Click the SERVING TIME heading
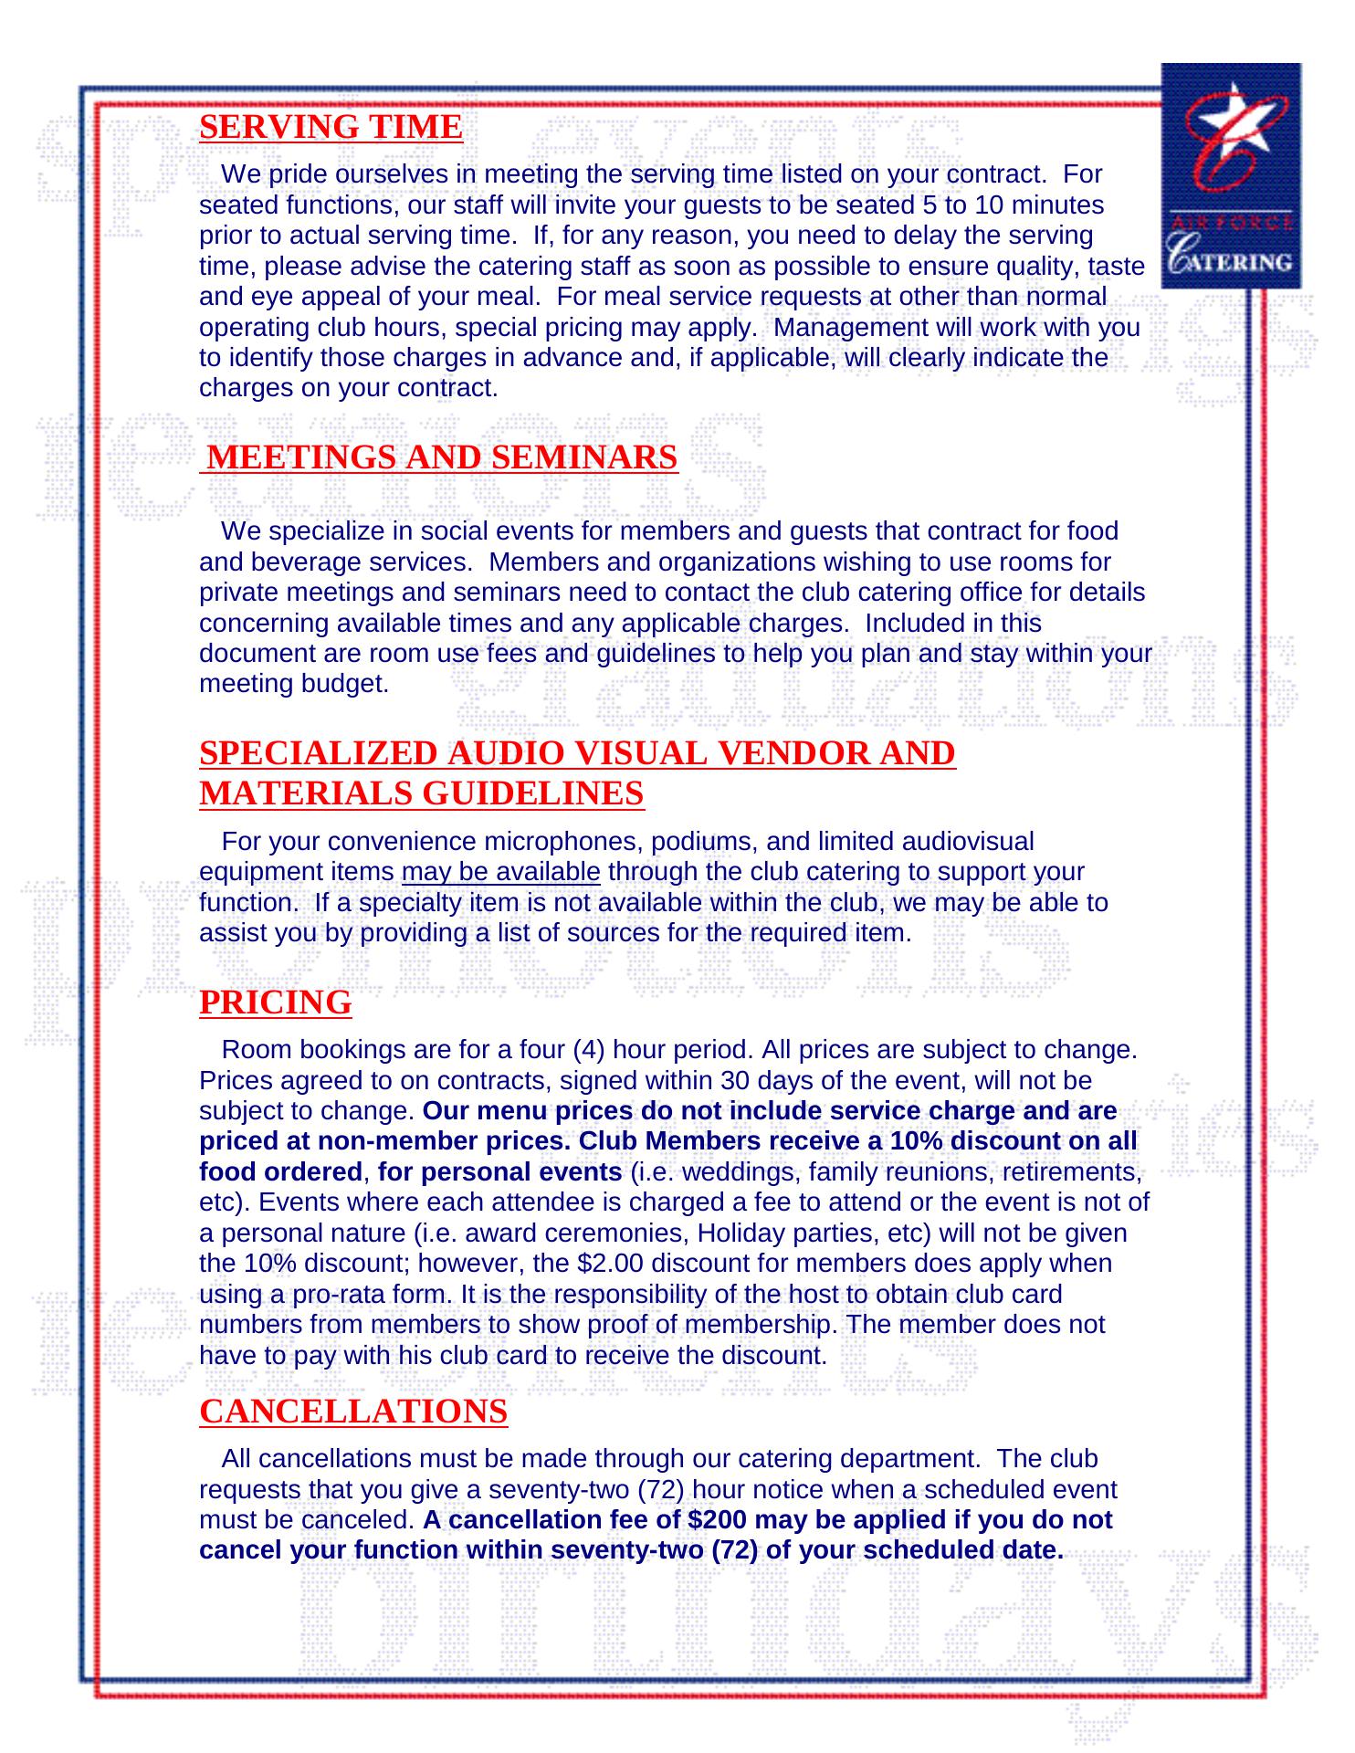(331, 127)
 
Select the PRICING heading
(275, 1002)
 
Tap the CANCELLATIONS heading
(353, 1411)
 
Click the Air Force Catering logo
(1230, 175)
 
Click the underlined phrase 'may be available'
(500, 872)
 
